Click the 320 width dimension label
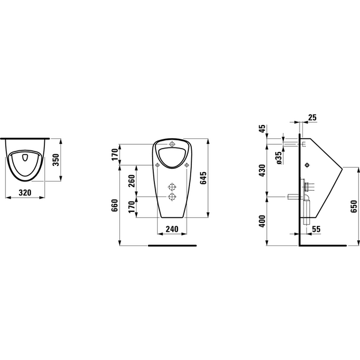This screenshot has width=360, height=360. pyautogui.click(x=25, y=192)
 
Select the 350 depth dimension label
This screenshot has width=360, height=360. pyautogui.click(x=56, y=160)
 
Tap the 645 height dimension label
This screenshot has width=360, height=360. pyautogui.click(x=203, y=178)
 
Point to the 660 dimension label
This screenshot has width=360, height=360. pyautogui.click(x=115, y=205)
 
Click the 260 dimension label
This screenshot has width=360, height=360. pyautogui.click(x=131, y=181)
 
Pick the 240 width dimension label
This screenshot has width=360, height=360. pyautogui.click(x=172, y=229)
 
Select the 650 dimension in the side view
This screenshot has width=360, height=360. pyautogui.click(x=354, y=206)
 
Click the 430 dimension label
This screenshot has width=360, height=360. pyautogui.click(x=262, y=170)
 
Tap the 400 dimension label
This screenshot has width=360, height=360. pyautogui.click(x=262, y=221)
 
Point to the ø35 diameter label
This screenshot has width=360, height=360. pyautogui.click(x=279, y=158)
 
